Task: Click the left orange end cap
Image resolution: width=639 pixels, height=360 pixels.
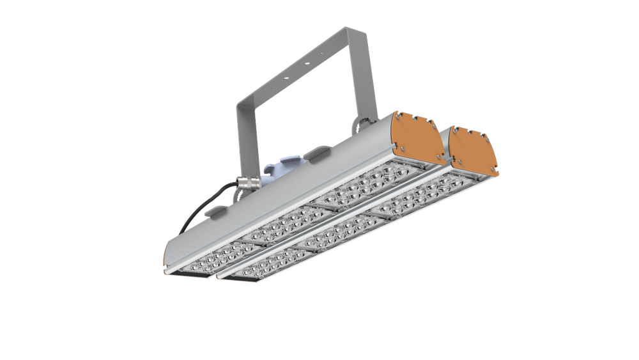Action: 417,137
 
